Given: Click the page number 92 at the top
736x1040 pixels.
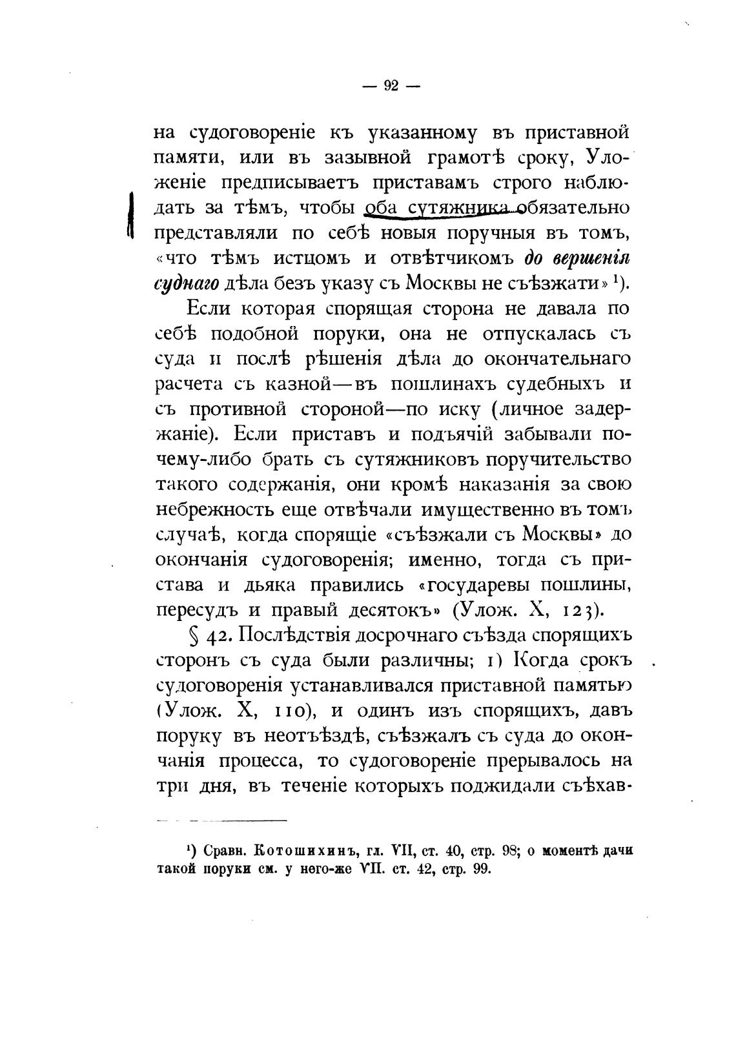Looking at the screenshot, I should [x=391, y=87].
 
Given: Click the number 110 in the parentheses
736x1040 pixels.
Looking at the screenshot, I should [x=285, y=711].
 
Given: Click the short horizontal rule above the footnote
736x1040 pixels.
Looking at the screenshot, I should [x=221, y=821].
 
